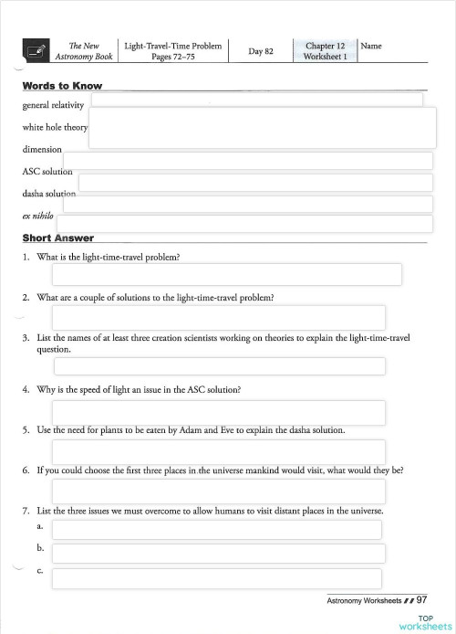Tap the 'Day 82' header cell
(261, 51)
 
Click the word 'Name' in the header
(371, 45)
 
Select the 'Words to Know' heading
(62, 87)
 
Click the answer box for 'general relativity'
(256, 100)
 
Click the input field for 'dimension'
(247, 160)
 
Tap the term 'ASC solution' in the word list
(47, 171)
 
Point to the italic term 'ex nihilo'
(38, 216)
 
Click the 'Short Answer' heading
(58, 238)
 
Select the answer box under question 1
(227, 274)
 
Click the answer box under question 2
(219, 317)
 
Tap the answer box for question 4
(219, 412)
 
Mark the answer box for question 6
(219, 491)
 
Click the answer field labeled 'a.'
(219, 530)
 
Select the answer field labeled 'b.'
(219, 554)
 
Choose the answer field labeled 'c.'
(217, 578)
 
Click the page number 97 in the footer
(421, 600)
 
